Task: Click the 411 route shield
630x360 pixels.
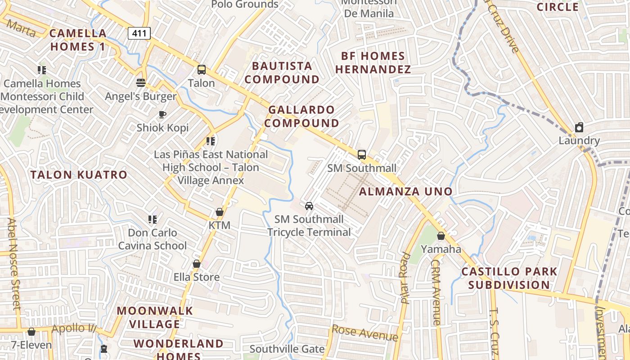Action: (139, 33)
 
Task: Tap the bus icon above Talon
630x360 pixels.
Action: (202, 70)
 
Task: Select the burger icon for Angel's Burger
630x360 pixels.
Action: (141, 83)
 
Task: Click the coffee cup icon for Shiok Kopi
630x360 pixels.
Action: (162, 114)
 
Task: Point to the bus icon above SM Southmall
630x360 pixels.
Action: (362, 155)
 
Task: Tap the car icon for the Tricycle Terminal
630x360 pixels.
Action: (309, 206)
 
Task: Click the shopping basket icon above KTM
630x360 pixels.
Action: (220, 211)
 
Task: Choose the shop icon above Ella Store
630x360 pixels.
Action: (197, 264)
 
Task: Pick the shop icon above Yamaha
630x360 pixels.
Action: (441, 236)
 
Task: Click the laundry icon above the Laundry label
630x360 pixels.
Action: (579, 127)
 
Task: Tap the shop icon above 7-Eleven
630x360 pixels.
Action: (31, 332)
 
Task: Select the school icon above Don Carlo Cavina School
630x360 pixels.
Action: (153, 220)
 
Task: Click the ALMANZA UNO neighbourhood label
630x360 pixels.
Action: (405, 192)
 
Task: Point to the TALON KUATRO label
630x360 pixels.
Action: (79, 175)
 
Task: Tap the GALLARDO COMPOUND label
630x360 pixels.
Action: (304, 117)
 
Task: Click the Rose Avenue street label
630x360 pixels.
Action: (364, 333)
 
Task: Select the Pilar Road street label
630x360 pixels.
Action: (405, 278)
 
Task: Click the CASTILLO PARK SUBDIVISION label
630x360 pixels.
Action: (509, 279)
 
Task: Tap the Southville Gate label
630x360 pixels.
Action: (287, 349)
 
